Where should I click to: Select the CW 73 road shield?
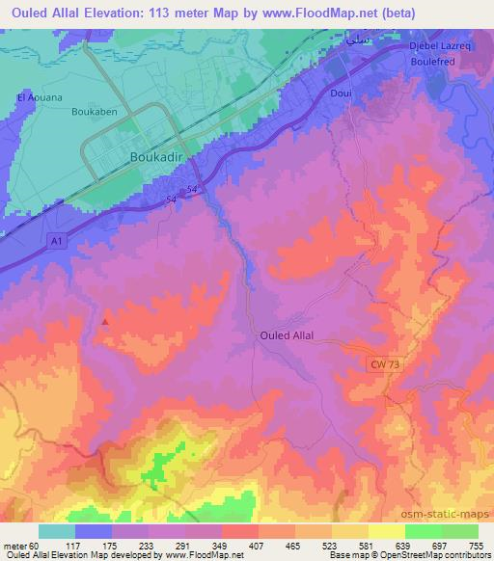(384, 362)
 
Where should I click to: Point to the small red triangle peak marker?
(106, 322)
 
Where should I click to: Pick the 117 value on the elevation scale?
(95, 546)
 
